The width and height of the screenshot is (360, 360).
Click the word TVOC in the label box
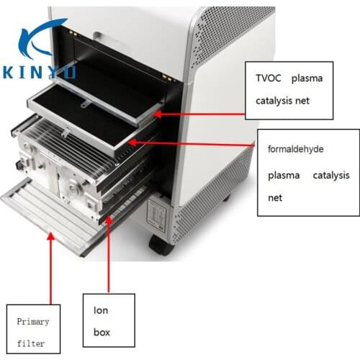coord(268,78)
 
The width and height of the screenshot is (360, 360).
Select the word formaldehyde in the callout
coord(295,149)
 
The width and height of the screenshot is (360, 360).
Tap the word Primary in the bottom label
coord(33,322)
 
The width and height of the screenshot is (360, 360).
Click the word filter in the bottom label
coord(31,343)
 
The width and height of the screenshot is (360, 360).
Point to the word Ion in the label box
coord(101,310)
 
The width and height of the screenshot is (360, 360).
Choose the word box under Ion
coord(102,333)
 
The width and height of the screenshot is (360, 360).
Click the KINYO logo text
coord(40,72)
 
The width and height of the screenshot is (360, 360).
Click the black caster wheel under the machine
coord(161,246)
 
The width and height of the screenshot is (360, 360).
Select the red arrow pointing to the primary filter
coord(50,269)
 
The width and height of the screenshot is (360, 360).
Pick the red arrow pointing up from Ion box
coord(109,255)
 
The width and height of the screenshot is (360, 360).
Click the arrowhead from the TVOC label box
coord(158,114)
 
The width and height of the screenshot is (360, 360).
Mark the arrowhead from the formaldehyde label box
coord(132,143)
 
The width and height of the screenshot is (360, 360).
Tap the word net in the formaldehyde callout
coord(275,198)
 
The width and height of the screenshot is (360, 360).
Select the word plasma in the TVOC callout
coord(307,79)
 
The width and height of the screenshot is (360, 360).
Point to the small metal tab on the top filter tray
coord(86,104)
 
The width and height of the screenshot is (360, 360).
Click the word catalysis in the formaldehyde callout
coord(331,176)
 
